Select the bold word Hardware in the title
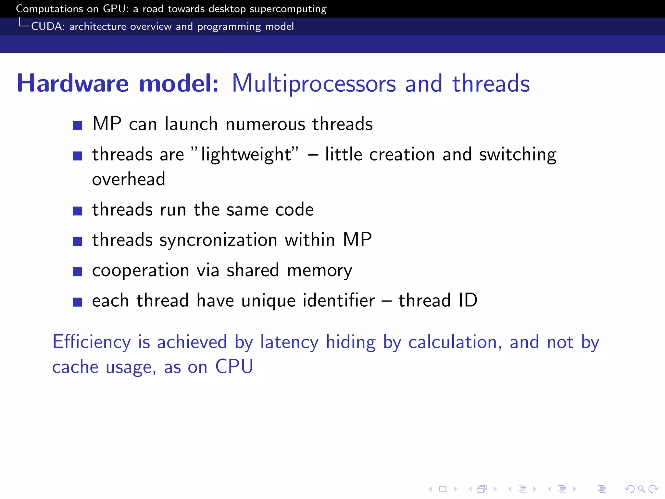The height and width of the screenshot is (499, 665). [x=73, y=83]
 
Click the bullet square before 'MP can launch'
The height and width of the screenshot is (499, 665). [x=77, y=125]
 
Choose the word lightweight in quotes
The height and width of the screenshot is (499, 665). [x=246, y=155]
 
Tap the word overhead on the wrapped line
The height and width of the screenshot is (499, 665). [x=129, y=179]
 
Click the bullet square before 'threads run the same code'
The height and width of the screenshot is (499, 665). [x=77, y=211]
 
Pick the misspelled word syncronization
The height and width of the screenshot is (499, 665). [x=218, y=240]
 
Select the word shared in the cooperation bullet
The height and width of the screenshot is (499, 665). [x=253, y=270]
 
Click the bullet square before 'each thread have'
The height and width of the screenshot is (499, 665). [x=77, y=302]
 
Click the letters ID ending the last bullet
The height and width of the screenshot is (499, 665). [x=468, y=301]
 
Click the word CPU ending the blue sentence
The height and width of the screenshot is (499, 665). [x=234, y=367]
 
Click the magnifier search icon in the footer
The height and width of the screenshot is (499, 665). [x=641, y=489]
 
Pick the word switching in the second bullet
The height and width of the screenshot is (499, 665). [x=518, y=155]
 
